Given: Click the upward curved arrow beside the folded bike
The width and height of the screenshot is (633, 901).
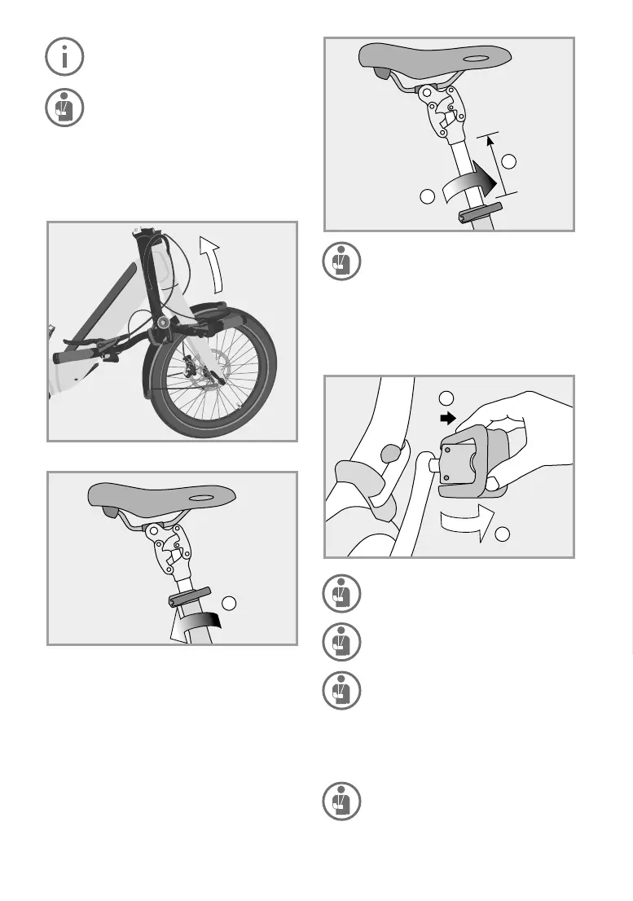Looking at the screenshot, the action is [213, 262].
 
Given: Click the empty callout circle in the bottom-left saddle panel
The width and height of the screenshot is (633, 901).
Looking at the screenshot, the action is [231, 604].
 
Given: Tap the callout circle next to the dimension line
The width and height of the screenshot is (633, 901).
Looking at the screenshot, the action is [510, 161].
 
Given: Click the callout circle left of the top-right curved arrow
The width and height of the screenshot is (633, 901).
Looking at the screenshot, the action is [427, 196].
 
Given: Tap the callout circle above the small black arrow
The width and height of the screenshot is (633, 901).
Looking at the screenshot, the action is [445, 398].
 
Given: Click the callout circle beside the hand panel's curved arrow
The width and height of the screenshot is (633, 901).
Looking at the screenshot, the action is [503, 534].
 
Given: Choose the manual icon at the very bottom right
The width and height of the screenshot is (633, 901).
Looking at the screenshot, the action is [340, 801].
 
